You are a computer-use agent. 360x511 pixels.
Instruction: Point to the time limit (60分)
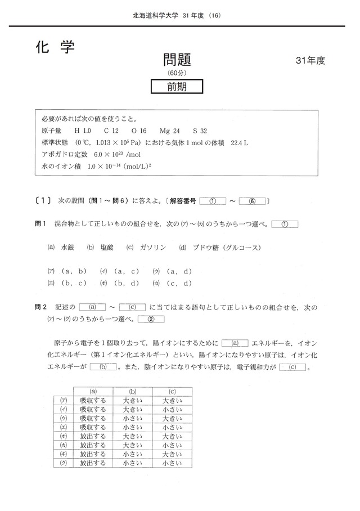coord(177,73)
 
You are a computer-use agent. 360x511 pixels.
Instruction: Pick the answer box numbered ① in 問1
coord(285,223)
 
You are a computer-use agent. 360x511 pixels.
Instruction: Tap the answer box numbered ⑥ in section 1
coord(253,200)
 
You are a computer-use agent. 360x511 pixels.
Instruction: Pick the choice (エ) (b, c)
coord(66,283)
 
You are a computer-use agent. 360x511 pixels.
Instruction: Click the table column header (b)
coord(133,391)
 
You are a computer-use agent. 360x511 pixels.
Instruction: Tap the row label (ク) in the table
coord(63,463)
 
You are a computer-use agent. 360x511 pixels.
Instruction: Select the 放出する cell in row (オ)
coord(93,436)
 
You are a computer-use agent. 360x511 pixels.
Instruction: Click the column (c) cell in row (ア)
coord(172,400)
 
